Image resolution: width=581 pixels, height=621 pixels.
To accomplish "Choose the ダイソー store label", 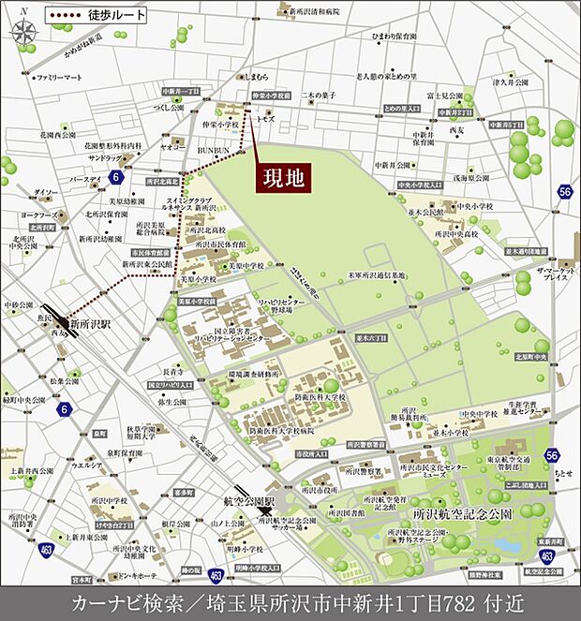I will click(x=45, y=192).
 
